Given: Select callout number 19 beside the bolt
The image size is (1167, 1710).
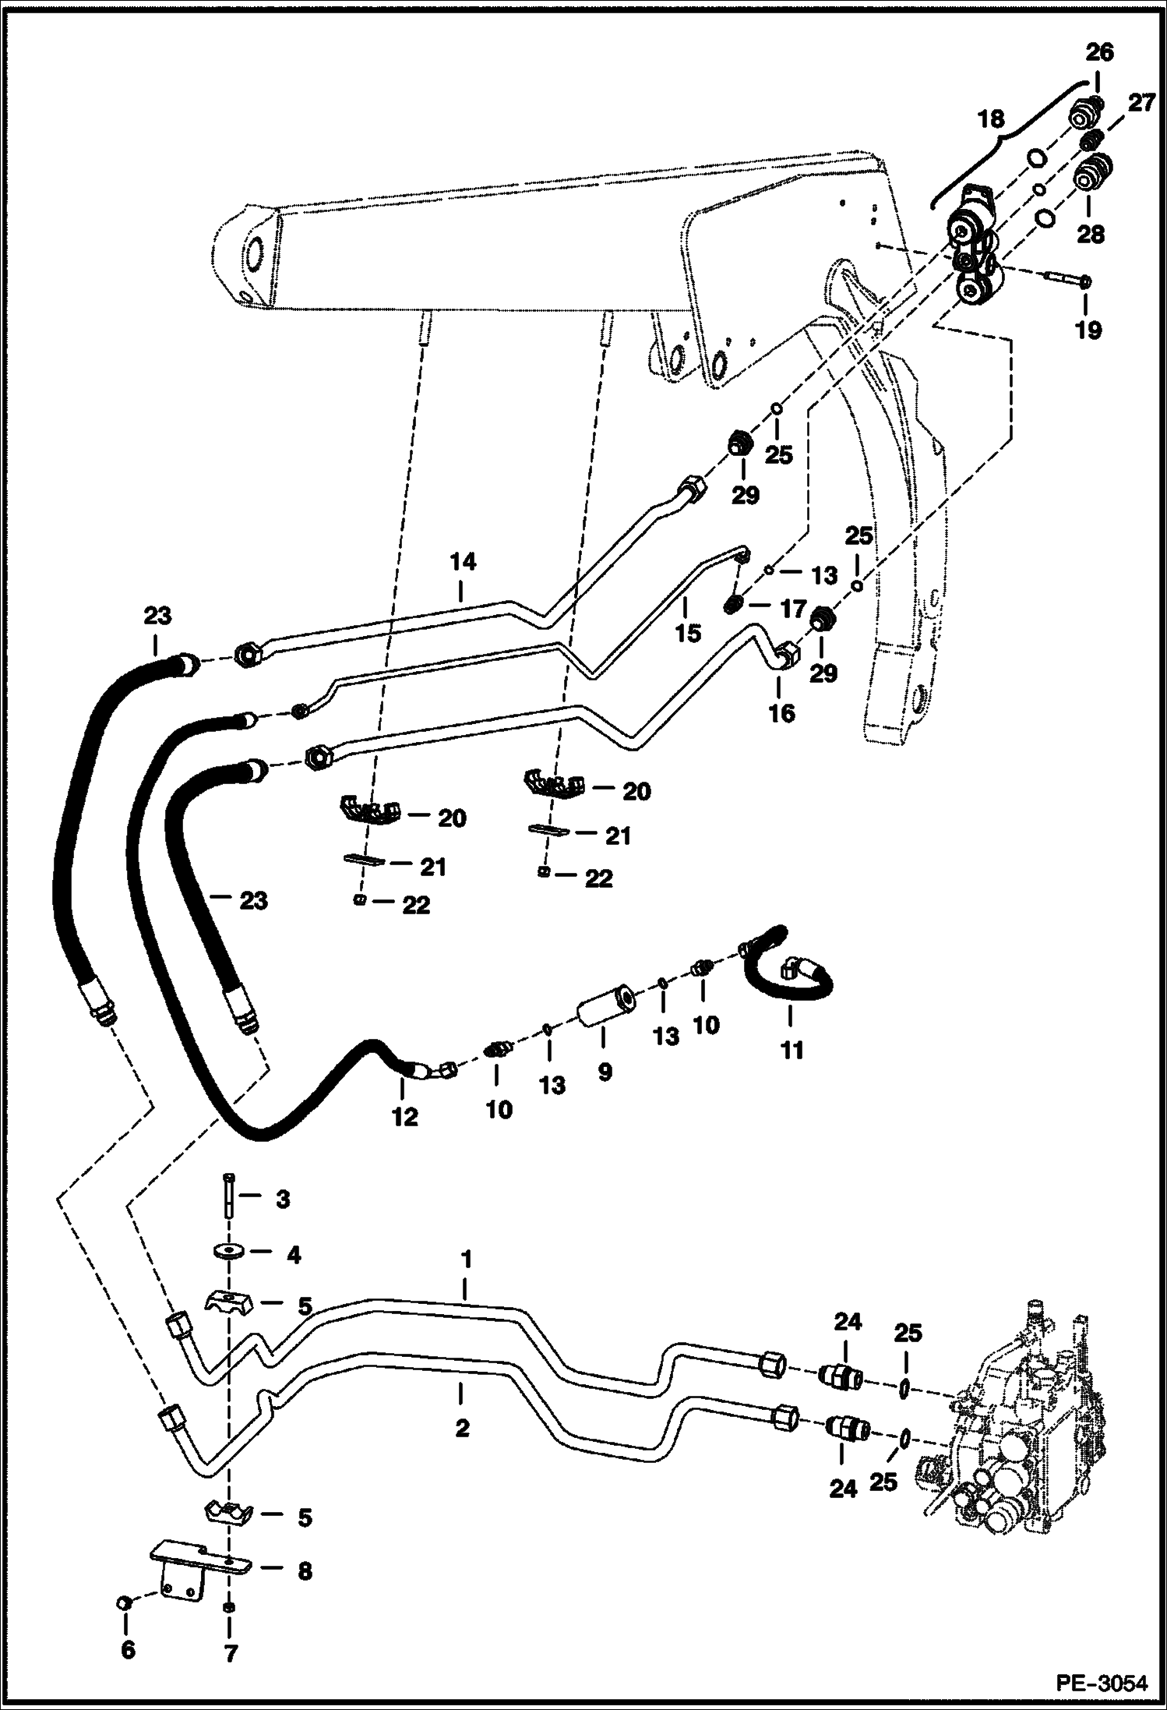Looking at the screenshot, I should pyautogui.click(x=1088, y=330).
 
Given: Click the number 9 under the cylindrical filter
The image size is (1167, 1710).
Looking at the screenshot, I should pyautogui.click(x=605, y=1072).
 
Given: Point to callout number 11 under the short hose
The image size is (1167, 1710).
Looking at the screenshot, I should pyautogui.click(x=792, y=1050).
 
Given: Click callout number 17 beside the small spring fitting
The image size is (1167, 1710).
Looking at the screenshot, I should pyautogui.click(x=793, y=609).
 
